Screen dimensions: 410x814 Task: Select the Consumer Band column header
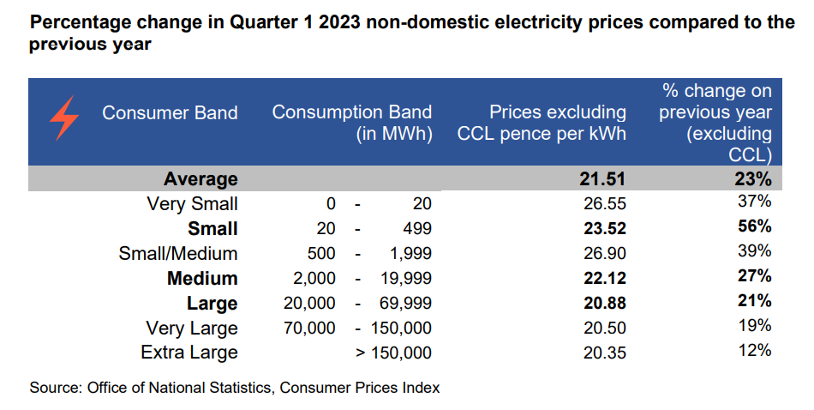pyautogui.click(x=170, y=113)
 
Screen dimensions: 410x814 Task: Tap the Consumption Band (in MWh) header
pyautogui.click(x=352, y=123)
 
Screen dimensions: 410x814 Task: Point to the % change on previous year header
pyautogui.click(x=715, y=123)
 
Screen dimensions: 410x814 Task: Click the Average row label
pyautogui.click(x=201, y=179)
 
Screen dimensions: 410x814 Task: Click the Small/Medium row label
pyautogui.click(x=178, y=254)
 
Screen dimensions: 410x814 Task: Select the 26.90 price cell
pyautogui.click(x=606, y=254)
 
